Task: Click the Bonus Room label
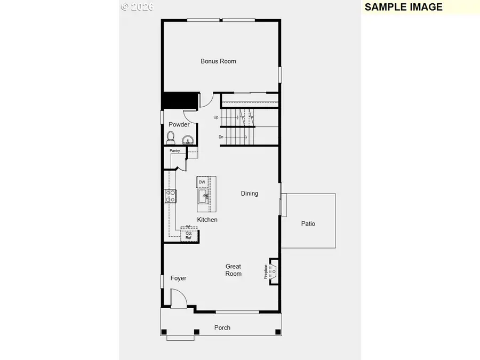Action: pyautogui.click(x=218, y=61)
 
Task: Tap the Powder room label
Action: pyautogui.click(x=179, y=124)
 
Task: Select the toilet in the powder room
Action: pyautogui.click(x=171, y=138)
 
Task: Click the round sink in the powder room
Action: pyautogui.click(x=187, y=140)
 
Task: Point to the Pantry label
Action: pyautogui.click(x=174, y=151)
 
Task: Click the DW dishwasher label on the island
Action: pyautogui.click(x=202, y=182)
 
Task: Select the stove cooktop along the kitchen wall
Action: pyautogui.click(x=170, y=196)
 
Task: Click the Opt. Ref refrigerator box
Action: pyautogui.click(x=189, y=235)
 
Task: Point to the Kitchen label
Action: pyautogui.click(x=207, y=220)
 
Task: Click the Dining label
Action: pyautogui.click(x=250, y=194)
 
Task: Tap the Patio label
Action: pyautogui.click(x=308, y=223)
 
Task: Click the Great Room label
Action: pyautogui.click(x=233, y=270)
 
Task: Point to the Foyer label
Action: pyautogui.click(x=178, y=278)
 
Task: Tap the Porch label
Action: pyautogui.click(x=222, y=327)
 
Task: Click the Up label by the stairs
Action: pyautogui.click(x=216, y=117)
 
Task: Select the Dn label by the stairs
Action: pyautogui.click(x=221, y=137)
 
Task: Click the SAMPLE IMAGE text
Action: pyautogui.click(x=403, y=7)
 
